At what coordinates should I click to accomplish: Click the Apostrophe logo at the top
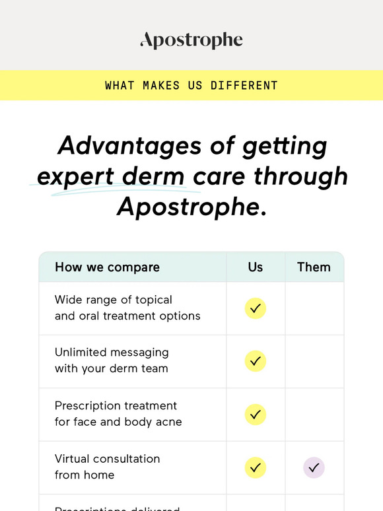click(191, 40)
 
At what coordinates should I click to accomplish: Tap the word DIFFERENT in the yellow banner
click(244, 86)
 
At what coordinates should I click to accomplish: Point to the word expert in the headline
click(75, 176)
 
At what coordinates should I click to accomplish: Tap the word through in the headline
click(300, 176)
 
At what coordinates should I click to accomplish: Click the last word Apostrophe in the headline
click(188, 207)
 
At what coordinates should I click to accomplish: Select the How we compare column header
click(107, 267)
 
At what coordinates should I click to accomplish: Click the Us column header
click(256, 267)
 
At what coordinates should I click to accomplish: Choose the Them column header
click(314, 267)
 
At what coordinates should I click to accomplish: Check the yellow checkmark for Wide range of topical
click(256, 308)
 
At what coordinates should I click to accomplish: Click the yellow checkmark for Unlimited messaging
click(256, 361)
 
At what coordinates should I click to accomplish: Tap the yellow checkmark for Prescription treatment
click(256, 415)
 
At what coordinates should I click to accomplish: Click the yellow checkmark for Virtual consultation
click(256, 467)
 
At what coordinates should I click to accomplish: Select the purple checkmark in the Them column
click(314, 467)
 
